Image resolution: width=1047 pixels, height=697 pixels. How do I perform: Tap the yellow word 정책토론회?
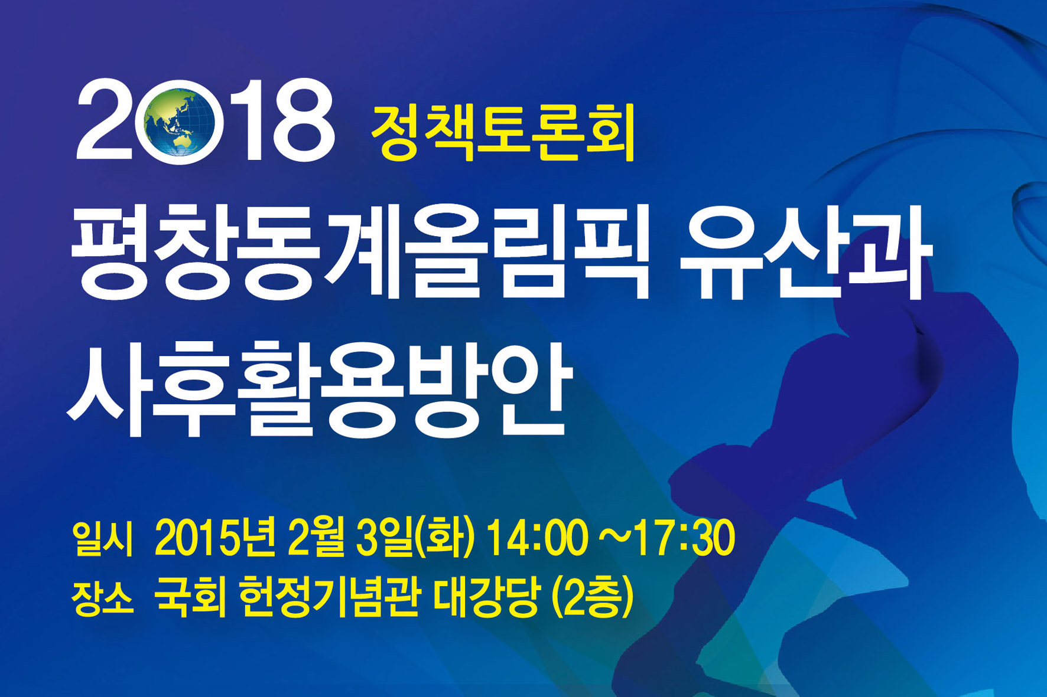pyautogui.click(x=503, y=131)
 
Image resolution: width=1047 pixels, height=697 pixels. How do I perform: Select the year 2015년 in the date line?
pyautogui.click(x=215, y=538)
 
